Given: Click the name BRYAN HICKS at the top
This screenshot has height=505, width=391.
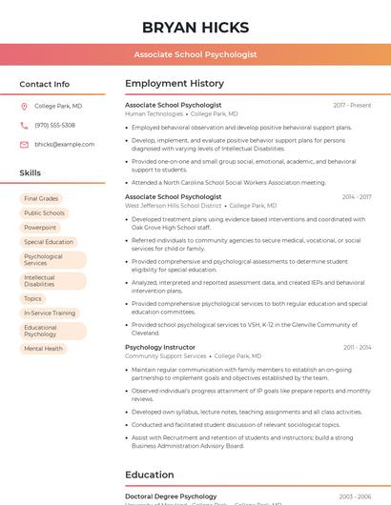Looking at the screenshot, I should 195,27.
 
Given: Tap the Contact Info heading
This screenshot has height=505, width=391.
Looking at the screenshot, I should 45,84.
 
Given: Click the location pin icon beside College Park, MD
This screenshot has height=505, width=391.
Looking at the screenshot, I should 24,107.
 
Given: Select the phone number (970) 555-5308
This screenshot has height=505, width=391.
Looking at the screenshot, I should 54,126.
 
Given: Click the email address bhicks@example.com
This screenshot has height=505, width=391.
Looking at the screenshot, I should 64,145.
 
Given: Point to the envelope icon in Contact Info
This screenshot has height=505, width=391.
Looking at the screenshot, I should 24,145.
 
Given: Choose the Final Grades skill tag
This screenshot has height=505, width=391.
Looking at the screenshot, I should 41,199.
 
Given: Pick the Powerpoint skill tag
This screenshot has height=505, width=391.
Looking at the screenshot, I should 40,228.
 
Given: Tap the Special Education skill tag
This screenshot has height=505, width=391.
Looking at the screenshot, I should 49,242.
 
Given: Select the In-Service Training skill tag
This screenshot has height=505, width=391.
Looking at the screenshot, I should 50,313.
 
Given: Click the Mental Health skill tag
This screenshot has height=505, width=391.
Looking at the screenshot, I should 43,349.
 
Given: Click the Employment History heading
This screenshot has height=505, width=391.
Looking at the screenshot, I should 175,84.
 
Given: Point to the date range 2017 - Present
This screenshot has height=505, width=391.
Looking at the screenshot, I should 352,105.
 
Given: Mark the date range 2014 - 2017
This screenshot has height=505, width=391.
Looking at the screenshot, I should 357,197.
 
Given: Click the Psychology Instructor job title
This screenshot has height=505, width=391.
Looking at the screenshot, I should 160,348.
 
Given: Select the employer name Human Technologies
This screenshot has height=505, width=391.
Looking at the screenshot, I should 154,113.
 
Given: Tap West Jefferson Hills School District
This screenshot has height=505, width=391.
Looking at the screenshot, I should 173,206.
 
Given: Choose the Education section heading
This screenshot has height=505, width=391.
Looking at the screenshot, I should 150,475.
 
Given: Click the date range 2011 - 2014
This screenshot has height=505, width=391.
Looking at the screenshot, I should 358,348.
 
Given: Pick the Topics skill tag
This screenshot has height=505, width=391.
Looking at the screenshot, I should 32,298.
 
